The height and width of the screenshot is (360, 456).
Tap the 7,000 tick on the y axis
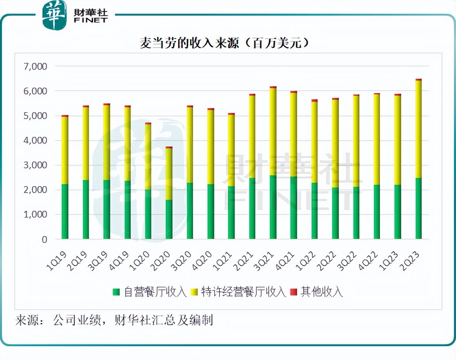tap(35, 66)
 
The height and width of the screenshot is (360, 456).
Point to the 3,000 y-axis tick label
tap(35, 165)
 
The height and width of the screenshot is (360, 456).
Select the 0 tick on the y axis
tap(44, 240)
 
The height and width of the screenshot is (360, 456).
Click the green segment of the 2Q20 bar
tap(169, 219)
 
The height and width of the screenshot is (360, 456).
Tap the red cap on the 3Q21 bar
tap(273, 88)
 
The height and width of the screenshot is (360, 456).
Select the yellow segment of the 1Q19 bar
tap(65, 151)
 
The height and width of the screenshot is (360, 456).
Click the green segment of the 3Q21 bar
tap(273, 207)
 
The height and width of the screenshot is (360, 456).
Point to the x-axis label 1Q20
tap(140, 261)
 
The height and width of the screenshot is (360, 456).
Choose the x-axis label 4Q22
tap(368, 261)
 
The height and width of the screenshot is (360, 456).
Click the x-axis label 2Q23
tap(410, 261)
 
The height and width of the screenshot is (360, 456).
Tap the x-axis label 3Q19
tap(98, 261)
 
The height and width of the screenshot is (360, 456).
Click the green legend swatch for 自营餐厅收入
tap(116, 292)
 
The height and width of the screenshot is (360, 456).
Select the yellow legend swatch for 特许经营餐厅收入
tap(194, 292)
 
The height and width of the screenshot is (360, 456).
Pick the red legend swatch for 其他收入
tap(293, 292)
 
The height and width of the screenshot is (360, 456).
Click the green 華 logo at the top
tap(54, 15)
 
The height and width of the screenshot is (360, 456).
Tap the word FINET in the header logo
tap(91, 20)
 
